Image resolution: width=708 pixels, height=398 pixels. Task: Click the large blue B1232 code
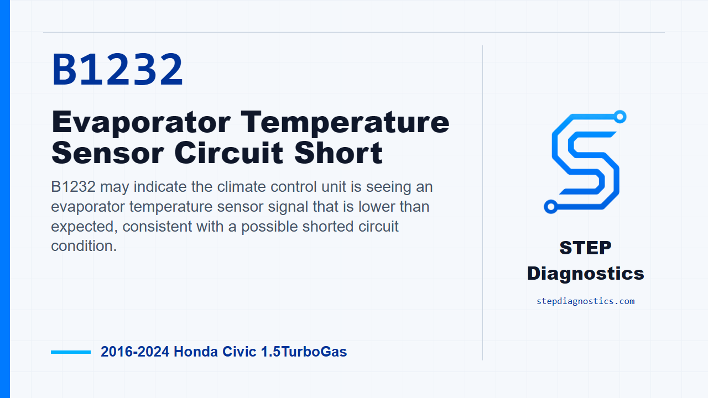tap(117, 70)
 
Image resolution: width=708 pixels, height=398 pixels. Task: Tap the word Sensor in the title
tap(107, 153)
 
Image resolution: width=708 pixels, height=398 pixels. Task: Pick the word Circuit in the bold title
tap(229, 153)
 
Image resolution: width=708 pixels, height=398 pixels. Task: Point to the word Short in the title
tap(338, 153)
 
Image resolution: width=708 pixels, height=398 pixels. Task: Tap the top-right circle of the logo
tap(620, 117)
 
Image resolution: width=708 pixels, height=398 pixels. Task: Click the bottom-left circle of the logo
tap(550, 207)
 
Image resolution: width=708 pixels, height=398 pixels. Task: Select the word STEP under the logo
tap(585, 248)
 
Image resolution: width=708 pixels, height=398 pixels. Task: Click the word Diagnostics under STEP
tap(585, 274)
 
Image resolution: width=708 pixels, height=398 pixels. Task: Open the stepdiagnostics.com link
tap(585, 301)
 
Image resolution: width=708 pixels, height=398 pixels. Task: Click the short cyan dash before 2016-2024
tap(71, 352)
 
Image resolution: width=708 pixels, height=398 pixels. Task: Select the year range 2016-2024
tap(135, 352)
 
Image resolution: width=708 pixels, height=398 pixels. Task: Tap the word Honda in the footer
tap(196, 352)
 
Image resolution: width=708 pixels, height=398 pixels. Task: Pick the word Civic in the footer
tap(240, 352)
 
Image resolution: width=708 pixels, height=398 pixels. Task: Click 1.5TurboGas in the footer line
tap(304, 352)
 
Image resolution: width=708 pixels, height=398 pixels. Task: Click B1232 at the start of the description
tap(74, 187)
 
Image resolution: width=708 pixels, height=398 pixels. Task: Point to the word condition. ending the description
tap(84, 246)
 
